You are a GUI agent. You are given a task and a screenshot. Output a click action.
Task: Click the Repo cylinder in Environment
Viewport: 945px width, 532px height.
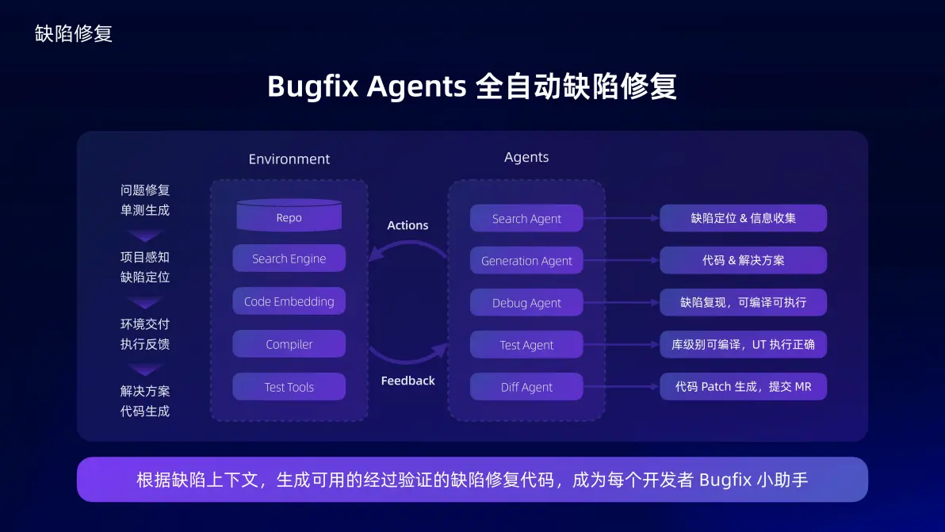coord(289,216)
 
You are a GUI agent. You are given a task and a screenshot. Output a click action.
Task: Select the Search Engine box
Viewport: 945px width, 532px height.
coord(289,258)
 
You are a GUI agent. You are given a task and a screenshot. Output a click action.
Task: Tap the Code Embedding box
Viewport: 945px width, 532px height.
coord(289,301)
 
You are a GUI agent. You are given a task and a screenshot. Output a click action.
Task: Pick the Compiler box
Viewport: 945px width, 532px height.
coord(289,344)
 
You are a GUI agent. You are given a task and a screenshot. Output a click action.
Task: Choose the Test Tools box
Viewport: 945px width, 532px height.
coord(289,387)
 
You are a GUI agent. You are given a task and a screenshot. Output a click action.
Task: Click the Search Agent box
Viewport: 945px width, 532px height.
coord(526,219)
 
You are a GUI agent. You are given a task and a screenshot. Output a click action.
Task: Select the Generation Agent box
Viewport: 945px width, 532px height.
coord(526,261)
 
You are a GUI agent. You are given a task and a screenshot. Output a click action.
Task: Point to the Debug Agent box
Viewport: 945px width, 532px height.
coord(526,303)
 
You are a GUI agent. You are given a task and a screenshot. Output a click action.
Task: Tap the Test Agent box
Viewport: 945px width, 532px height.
coord(526,345)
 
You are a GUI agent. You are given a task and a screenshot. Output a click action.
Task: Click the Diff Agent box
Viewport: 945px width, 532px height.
coord(526,387)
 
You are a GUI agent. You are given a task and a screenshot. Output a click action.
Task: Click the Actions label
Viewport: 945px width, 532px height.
coord(407,225)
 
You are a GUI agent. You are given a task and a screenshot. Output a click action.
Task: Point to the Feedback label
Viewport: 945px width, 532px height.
coord(407,381)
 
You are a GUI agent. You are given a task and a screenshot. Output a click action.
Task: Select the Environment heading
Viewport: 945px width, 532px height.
coord(289,159)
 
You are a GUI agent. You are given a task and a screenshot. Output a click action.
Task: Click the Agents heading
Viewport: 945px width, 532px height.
coord(526,157)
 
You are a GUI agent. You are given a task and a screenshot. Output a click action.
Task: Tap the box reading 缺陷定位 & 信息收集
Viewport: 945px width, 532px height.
coord(743,218)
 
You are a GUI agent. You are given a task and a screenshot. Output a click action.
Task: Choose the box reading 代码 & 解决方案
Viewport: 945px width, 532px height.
coord(743,260)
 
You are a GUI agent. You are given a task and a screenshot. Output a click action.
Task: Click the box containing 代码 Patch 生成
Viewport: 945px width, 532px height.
coord(743,387)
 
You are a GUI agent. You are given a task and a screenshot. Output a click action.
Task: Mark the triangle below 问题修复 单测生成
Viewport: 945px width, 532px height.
coord(145,235)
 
